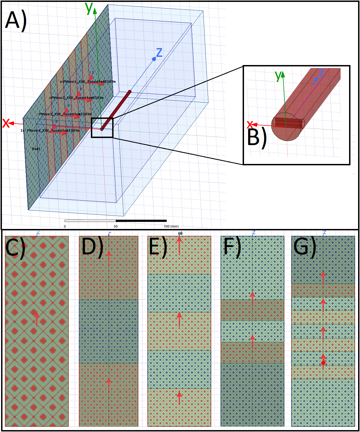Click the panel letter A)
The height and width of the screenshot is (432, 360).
16,20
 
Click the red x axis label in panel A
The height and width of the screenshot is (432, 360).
6,123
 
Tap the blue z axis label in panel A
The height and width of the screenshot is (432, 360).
159,52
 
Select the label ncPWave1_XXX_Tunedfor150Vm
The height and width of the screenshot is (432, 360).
88,82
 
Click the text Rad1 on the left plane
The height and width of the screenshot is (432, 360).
36,149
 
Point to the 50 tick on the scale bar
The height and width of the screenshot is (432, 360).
116,227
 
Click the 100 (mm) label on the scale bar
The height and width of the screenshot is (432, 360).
171,227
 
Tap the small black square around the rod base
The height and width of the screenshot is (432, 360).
102,128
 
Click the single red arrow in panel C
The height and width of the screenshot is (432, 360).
37,319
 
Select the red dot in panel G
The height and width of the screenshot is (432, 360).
323,363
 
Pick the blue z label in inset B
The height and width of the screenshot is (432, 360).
321,73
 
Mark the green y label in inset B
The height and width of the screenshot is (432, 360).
278,76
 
